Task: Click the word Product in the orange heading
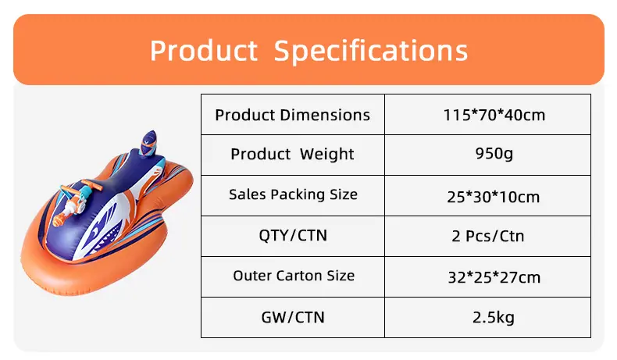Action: tap(204, 51)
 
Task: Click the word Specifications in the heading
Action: tap(371, 52)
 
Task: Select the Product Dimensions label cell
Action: tap(292, 115)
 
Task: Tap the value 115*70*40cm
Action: tap(494, 115)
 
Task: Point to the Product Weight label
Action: tap(292, 154)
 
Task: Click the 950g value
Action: tap(494, 153)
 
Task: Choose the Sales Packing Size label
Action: tap(293, 194)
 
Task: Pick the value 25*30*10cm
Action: tap(494, 197)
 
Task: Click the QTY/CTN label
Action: tap(293, 235)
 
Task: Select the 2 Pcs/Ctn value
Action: tap(488, 236)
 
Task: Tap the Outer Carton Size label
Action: tap(294, 276)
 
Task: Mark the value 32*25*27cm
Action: tap(494, 278)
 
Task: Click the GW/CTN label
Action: tap(293, 317)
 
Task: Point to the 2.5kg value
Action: tap(494, 317)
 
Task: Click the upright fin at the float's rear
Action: tap(149, 144)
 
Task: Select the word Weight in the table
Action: tap(327, 154)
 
